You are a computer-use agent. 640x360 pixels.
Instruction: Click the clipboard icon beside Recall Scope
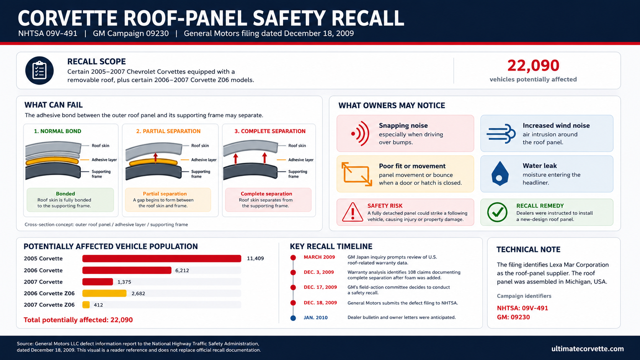(x=39, y=70)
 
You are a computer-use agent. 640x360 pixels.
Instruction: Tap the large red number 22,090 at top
(x=533, y=65)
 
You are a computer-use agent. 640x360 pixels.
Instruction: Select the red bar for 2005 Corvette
(x=162, y=258)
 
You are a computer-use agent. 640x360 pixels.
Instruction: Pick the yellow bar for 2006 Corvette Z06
(x=104, y=293)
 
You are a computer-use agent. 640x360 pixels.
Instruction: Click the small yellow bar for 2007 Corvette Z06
(x=86, y=305)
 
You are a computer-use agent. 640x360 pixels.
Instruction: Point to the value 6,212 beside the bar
(x=182, y=270)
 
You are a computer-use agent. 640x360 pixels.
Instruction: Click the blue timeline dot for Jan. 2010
(x=293, y=318)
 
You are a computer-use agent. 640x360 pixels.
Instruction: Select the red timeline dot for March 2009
(x=293, y=258)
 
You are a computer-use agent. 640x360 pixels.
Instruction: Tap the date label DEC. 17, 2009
(x=320, y=287)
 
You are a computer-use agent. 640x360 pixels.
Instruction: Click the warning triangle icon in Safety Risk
(x=353, y=212)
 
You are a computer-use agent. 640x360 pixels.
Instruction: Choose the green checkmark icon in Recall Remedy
(x=497, y=212)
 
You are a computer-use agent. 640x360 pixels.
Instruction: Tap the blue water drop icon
(x=500, y=174)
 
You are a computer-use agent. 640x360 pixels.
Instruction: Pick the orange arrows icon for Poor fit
(x=357, y=174)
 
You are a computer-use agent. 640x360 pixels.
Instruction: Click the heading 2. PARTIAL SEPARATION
(x=168, y=131)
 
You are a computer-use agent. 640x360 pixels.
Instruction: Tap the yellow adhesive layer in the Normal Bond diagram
(x=52, y=161)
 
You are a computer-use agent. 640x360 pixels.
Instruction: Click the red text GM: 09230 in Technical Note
(x=513, y=317)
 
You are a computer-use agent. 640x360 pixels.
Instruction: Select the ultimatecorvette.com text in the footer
(x=588, y=349)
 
